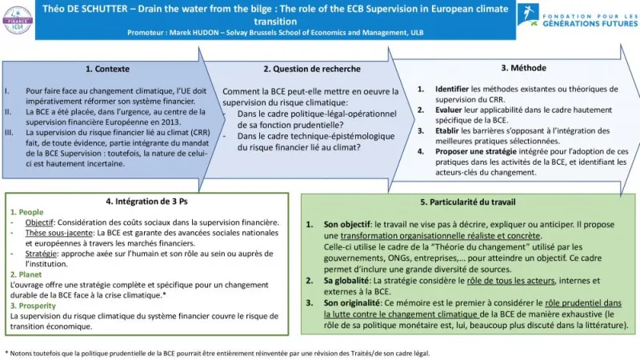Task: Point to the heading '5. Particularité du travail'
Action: coord(470,202)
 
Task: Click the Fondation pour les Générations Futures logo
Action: coord(572,15)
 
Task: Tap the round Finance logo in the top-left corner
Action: coord(18,18)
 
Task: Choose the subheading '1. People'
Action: coord(27,212)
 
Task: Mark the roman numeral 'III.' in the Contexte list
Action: coord(11,132)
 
